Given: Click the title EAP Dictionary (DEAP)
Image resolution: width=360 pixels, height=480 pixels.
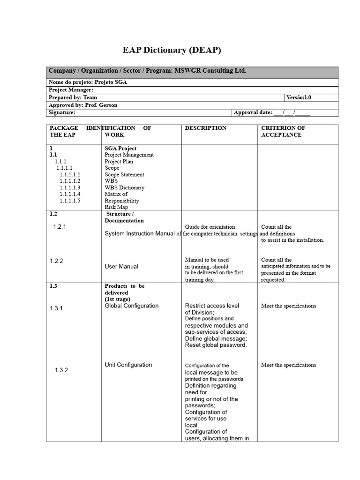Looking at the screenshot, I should [x=172, y=50].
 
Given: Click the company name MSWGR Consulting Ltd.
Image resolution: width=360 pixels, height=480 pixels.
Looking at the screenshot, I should [x=210, y=71].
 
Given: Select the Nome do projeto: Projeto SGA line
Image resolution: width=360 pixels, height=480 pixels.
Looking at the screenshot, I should [x=88, y=82].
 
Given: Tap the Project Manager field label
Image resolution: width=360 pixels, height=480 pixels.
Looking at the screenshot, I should [x=71, y=90].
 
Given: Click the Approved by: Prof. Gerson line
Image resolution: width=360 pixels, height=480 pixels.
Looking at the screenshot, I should [x=83, y=105].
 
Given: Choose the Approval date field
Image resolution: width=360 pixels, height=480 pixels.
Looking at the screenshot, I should [x=271, y=112].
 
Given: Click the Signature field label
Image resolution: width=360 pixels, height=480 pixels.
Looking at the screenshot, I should [x=62, y=112].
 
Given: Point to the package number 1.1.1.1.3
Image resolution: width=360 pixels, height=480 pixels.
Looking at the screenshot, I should [x=70, y=187].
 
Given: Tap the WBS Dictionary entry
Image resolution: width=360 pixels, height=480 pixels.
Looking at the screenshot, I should [x=124, y=187].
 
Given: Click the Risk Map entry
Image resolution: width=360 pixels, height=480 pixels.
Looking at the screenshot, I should [x=116, y=207].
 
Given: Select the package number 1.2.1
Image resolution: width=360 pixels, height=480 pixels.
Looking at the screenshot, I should [x=60, y=226].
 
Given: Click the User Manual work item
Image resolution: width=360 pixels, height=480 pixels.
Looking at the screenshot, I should [x=121, y=266].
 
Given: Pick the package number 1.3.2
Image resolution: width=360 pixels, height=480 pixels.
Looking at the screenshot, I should [x=61, y=370].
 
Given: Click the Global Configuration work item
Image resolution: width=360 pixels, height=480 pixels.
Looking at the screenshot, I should [x=131, y=306].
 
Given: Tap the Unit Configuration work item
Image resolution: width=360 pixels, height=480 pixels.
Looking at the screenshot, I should [x=128, y=365].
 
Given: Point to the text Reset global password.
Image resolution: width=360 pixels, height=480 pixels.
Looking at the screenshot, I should [x=216, y=345].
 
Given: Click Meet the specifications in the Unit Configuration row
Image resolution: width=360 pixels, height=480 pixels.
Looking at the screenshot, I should [x=288, y=365].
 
